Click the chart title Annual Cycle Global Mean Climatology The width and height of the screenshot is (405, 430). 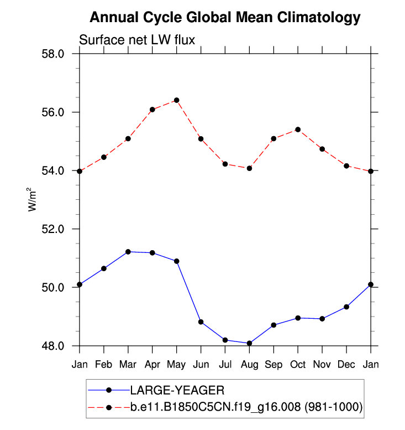[225, 18]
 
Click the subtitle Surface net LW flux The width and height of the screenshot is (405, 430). [138, 40]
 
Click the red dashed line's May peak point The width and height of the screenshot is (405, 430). [177, 100]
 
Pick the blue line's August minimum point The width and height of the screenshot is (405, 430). [249, 343]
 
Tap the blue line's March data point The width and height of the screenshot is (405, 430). [128, 252]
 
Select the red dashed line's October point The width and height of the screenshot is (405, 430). [298, 129]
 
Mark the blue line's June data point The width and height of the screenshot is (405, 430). [201, 322]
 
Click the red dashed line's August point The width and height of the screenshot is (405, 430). [249, 168]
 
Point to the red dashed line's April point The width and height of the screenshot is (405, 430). [152, 110]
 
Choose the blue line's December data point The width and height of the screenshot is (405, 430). [346, 307]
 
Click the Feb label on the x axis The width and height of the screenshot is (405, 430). [104, 365]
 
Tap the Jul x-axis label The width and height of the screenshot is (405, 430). [225, 365]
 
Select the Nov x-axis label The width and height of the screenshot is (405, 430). [322, 365]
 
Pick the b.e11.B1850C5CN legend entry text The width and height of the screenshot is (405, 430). [246, 407]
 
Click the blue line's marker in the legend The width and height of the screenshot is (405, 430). [109, 390]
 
